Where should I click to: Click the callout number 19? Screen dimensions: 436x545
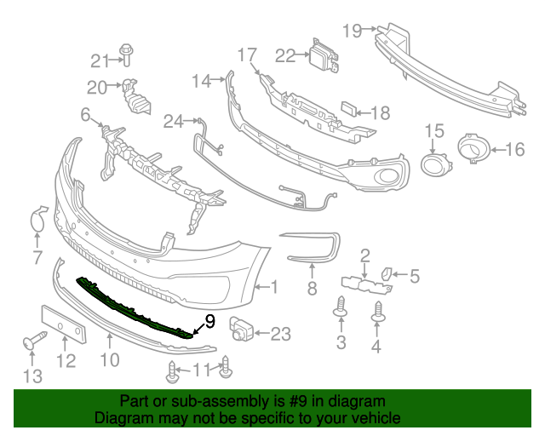click(352, 31)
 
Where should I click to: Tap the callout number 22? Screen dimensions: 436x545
click(284, 55)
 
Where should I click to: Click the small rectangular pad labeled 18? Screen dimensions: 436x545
click(350, 110)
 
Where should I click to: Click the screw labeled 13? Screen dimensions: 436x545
click(32, 343)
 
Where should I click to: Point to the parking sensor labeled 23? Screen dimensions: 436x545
click(243, 330)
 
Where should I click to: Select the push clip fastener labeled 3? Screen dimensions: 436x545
click(341, 308)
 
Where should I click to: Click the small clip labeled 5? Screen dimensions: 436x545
click(386, 274)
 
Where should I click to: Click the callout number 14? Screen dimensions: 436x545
click(201, 81)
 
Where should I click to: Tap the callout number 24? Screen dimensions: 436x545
click(173, 122)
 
